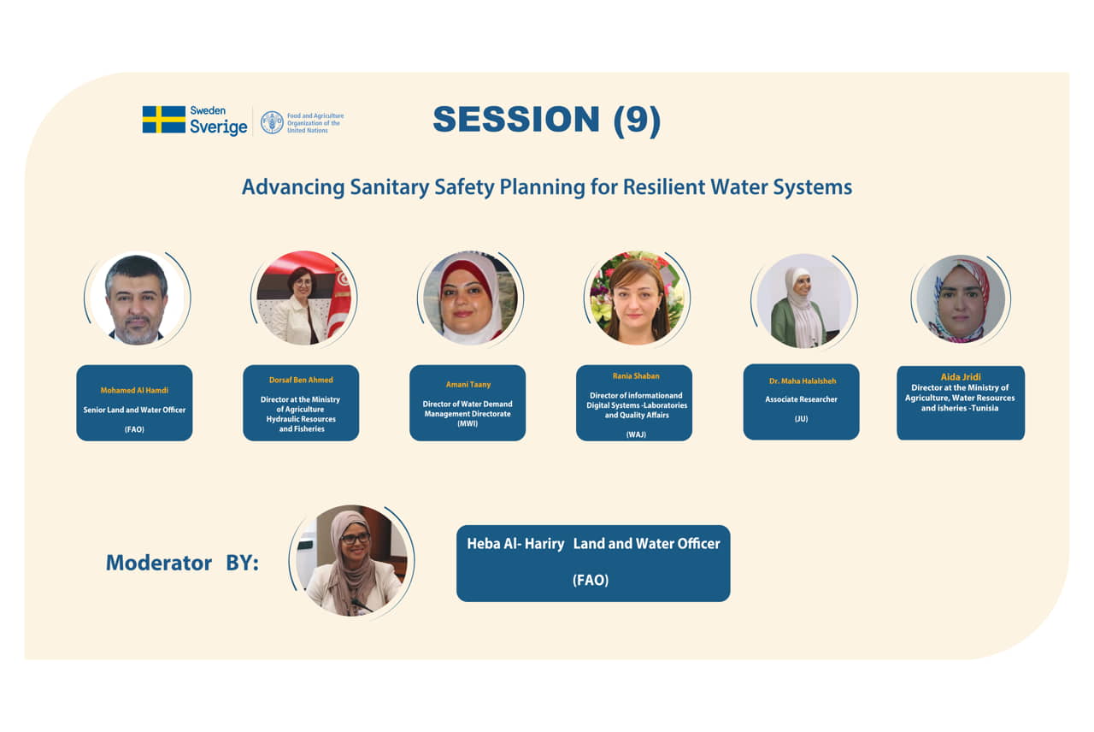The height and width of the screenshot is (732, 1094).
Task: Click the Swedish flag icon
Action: click(x=163, y=119)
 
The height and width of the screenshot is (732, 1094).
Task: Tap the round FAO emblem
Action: click(x=272, y=122)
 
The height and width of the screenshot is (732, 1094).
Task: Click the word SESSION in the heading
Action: click(x=516, y=119)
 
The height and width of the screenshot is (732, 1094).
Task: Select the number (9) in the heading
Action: click(x=637, y=121)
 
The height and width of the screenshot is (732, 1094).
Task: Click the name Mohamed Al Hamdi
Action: click(x=134, y=391)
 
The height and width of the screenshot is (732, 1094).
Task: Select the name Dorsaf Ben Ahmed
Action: click(x=301, y=380)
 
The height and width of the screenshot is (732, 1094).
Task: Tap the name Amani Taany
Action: click(x=468, y=385)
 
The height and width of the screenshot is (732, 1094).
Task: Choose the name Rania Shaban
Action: click(x=636, y=375)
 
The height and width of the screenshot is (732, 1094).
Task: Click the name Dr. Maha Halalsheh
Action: click(x=803, y=381)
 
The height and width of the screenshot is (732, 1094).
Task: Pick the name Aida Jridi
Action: click(x=961, y=377)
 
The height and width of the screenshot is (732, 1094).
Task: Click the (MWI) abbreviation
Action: click(x=468, y=423)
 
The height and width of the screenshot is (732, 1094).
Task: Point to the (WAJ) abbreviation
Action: click(x=636, y=434)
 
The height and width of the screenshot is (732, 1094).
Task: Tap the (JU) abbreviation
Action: click(x=801, y=419)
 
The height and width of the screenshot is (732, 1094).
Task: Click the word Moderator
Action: click(x=159, y=563)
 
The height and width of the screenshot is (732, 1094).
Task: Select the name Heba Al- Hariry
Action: click(x=515, y=544)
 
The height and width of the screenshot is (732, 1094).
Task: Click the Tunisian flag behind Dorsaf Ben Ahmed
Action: click(x=340, y=300)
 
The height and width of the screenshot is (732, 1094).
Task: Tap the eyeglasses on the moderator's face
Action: click(x=355, y=539)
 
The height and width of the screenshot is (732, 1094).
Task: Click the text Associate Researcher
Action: click(x=801, y=399)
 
